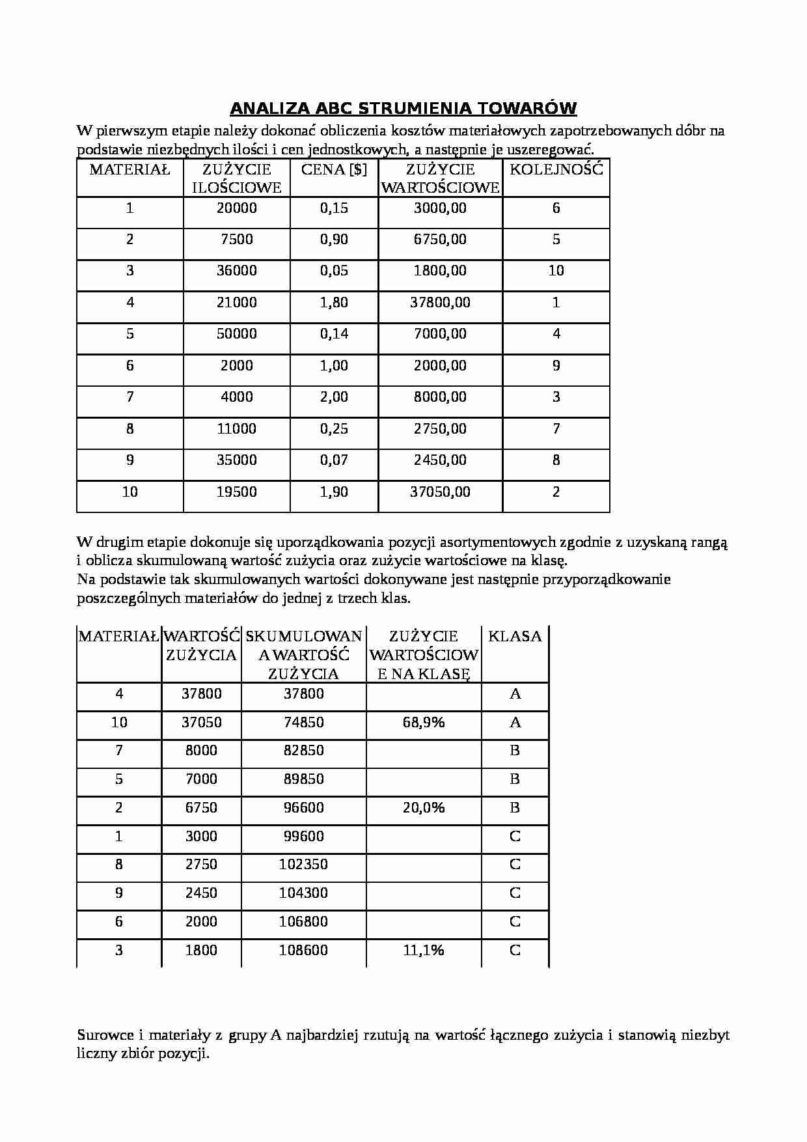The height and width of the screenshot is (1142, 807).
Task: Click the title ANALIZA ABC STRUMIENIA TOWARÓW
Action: pos(403,108)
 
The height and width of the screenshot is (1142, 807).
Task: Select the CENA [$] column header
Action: pos(334,170)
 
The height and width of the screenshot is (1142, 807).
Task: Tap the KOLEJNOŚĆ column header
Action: pos(556,170)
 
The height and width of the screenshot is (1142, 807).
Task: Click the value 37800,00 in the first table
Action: pos(440,303)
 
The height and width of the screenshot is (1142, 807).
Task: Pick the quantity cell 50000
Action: pos(236,334)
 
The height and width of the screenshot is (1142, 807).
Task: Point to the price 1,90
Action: pos(334,492)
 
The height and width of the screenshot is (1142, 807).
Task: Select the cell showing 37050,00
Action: pos(440,492)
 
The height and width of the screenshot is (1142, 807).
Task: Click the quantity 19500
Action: pos(236,492)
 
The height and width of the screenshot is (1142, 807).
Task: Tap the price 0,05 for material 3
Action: pos(334,271)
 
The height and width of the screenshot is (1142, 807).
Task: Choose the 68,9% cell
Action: pos(424,723)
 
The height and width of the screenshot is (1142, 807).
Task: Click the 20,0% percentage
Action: pos(424,808)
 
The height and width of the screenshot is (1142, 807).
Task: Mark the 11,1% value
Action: pos(424,951)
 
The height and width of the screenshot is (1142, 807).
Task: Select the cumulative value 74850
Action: pos(303,723)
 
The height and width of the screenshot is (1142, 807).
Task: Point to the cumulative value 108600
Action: pos(303,951)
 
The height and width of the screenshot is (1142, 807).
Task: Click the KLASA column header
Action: pos(515,637)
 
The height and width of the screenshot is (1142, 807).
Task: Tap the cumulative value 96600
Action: pos(303,808)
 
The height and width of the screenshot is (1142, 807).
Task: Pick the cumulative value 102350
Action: pos(303,865)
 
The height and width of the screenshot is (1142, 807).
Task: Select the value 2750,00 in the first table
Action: pos(440,429)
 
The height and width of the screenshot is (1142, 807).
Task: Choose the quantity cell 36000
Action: pos(236,271)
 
